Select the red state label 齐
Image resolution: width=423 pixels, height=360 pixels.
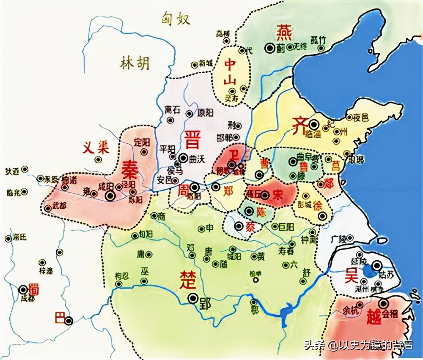(299, 125)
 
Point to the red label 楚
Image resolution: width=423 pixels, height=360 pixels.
(187, 279)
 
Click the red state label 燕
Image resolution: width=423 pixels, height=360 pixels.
(283, 32)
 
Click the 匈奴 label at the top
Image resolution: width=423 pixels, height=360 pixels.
(176, 19)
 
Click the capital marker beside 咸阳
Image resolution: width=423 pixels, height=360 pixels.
(110, 195)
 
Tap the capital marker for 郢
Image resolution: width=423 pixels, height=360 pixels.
(193, 298)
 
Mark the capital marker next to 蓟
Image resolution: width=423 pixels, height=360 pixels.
(269, 48)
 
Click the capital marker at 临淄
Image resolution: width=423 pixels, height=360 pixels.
(313, 125)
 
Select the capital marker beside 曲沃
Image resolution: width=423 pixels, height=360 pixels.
(183, 158)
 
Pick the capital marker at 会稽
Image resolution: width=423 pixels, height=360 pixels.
(384, 303)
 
